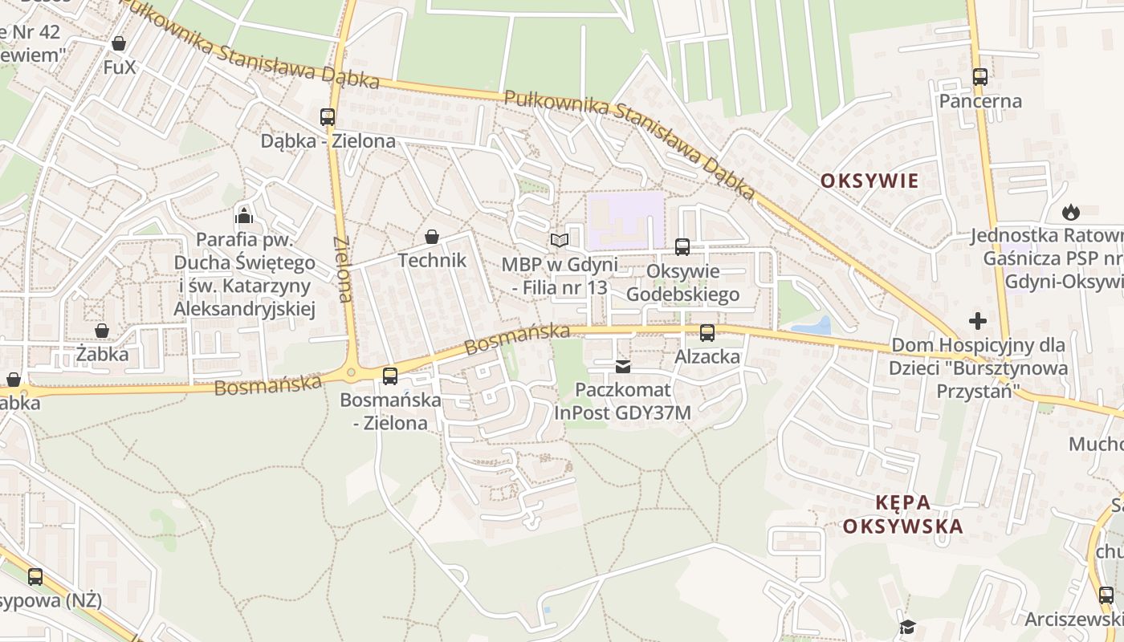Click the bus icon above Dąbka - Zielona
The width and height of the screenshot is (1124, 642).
click(328, 116)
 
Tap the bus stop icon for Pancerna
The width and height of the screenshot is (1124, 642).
click(979, 77)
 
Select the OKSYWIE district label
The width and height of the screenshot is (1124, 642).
click(869, 181)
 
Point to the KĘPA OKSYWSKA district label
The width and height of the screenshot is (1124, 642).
click(914, 514)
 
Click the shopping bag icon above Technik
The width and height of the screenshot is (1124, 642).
click(432, 237)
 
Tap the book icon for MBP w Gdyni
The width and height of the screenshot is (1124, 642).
click(559, 240)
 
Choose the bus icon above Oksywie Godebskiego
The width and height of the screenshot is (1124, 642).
click(682, 246)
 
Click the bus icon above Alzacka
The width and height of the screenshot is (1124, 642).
click(707, 332)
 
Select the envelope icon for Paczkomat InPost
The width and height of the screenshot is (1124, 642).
click(622, 367)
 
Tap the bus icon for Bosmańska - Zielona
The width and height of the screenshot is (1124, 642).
click(390, 376)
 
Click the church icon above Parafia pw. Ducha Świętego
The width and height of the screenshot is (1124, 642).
click(244, 215)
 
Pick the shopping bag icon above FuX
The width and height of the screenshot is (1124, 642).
click(119, 43)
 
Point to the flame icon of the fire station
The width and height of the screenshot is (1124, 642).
click(1070, 212)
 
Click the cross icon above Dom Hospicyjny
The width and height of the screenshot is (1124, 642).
click(977, 321)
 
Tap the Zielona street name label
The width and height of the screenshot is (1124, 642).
click(343, 269)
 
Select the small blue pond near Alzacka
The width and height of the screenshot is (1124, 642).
click(812, 326)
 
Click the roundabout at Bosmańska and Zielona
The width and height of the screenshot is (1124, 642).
click(350, 373)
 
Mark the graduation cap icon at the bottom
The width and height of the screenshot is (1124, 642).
click(907, 627)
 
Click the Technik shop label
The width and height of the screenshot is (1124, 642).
click(432, 260)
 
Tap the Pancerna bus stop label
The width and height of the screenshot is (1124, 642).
click(980, 101)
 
